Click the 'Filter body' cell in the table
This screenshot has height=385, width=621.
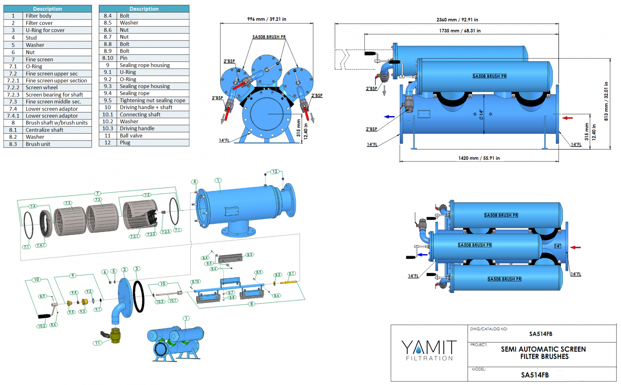39,16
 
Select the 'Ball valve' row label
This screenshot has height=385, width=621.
131,135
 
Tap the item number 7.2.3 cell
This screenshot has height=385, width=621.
13,95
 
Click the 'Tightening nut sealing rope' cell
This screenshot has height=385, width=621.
152,101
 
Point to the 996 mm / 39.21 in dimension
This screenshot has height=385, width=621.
266,19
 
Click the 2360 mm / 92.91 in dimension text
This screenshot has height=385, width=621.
457,20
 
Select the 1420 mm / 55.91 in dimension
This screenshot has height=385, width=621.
479,158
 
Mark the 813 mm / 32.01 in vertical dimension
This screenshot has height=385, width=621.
606,102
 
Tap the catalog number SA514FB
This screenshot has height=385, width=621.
540,334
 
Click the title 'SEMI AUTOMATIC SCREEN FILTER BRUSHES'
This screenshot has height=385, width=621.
543,353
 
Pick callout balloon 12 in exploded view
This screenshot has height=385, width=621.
274,172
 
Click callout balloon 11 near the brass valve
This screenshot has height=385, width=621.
97,343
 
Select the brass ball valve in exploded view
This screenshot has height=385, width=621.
115,335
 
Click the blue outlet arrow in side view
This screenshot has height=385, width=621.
389,117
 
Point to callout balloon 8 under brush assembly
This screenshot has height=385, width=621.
252,304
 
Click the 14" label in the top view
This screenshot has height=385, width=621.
558,246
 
